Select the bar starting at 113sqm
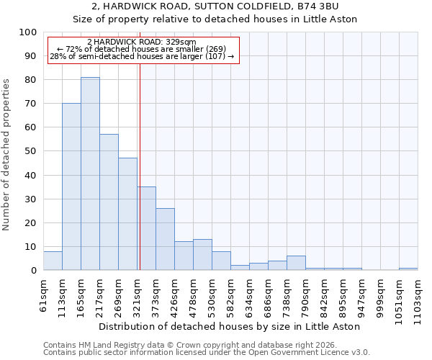point(71,186)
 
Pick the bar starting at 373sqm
point(165,239)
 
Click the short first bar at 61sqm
point(53,261)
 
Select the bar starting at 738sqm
point(296,263)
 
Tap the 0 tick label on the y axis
point(33,271)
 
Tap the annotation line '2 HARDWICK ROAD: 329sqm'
point(141,42)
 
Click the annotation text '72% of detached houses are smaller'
point(141,49)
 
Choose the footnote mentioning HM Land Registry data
point(206,345)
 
